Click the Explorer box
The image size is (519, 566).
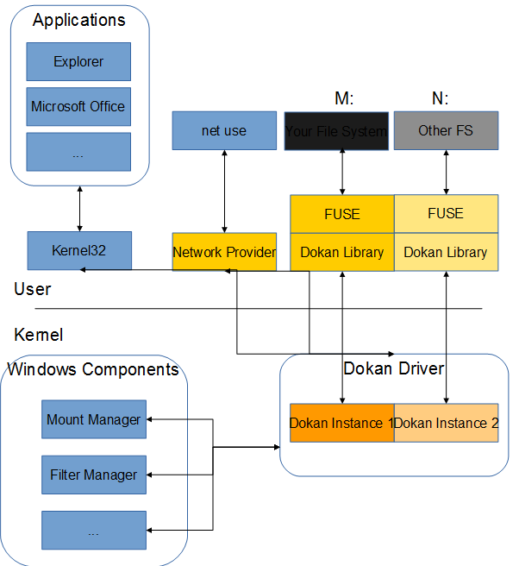[x=78, y=62]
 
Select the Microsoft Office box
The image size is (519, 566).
[x=78, y=107]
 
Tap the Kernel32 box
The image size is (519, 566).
[x=78, y=250]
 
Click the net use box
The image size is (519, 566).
[x=224, y=130]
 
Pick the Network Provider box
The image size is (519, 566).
[x=224, y=252]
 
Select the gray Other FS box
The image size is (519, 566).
[x=446, y=130]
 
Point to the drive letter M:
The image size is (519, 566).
[x=344, y=98]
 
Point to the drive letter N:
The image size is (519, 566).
[x=440, y=98]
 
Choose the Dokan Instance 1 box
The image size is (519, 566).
[x=341, y=423]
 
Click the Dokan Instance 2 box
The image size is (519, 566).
[x=446, y=423]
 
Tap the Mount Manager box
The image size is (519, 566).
[x=94, y=419]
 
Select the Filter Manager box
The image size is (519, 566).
[x=94, y=475]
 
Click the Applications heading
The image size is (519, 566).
[x=78, y=21]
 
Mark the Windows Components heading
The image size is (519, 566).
[x=93, y=370]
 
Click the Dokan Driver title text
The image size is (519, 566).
[x=393, y=369]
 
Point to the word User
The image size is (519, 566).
[x=33, y=290]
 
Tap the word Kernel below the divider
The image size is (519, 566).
[x=39, y=334]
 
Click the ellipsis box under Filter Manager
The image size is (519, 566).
[x=94, y=531]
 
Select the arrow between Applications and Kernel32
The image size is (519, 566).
[x=79, y=207]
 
